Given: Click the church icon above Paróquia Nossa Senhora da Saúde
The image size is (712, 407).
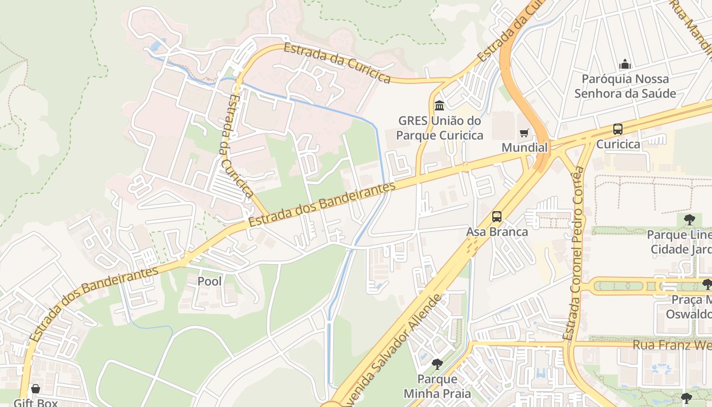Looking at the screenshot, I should click(625, 64).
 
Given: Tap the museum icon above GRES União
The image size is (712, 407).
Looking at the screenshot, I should click(439, 106).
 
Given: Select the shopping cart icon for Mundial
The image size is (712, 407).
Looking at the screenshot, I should click(524, 133).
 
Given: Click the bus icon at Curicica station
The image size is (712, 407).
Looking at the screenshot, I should click(618, 129).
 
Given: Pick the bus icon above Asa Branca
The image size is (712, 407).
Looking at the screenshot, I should click(497, 217).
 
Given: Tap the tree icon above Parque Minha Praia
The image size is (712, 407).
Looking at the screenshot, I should click(437, 364).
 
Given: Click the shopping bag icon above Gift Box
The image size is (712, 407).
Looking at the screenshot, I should click(35, 389).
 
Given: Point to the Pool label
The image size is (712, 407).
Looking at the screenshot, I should click(210, 281).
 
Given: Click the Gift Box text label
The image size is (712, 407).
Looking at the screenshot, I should click(36, 402).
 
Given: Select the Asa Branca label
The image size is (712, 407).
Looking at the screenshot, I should click(497, 232).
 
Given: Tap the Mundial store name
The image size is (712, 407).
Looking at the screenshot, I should click(525, 148).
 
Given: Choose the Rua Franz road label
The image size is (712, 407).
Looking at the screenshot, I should click(671, 345).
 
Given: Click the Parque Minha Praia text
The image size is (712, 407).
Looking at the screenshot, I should click(437, 386).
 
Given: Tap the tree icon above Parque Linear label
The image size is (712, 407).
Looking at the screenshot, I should click(690, 220).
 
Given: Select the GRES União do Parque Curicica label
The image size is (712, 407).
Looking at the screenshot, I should click(439, 128).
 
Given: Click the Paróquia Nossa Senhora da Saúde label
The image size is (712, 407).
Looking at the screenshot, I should click(625, 86).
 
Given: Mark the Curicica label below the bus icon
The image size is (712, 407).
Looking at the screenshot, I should click(618, 144).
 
